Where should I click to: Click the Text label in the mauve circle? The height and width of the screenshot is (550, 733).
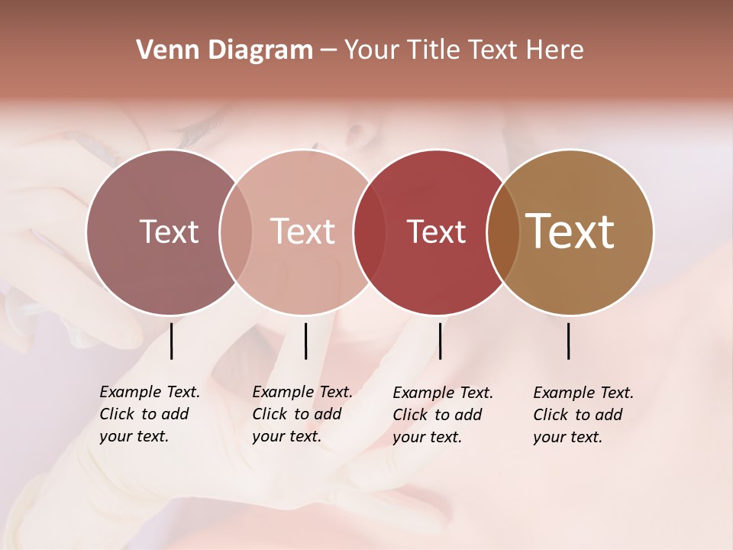(169, 231)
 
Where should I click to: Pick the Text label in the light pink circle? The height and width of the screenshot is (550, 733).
(302, 231)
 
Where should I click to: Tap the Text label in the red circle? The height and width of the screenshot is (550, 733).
(436, 231)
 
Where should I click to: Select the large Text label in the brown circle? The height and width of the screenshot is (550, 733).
(570, 231)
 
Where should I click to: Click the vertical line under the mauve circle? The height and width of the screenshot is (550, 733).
(172, 341)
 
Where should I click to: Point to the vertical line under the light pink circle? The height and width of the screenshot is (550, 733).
(305, 341)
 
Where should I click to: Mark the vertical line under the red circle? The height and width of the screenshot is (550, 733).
(440, 341)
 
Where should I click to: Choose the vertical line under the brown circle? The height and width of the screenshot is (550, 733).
(569, 341)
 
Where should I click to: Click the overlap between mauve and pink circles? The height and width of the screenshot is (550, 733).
(235, 231)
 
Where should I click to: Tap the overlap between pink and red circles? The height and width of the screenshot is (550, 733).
(369, 231)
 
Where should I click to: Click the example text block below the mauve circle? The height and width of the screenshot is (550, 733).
(149, 414)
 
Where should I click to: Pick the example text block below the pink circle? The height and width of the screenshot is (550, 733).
(302, 414)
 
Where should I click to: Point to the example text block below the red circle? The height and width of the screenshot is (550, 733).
(442, 415)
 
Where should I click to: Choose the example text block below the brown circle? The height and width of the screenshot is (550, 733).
(583, 415)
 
